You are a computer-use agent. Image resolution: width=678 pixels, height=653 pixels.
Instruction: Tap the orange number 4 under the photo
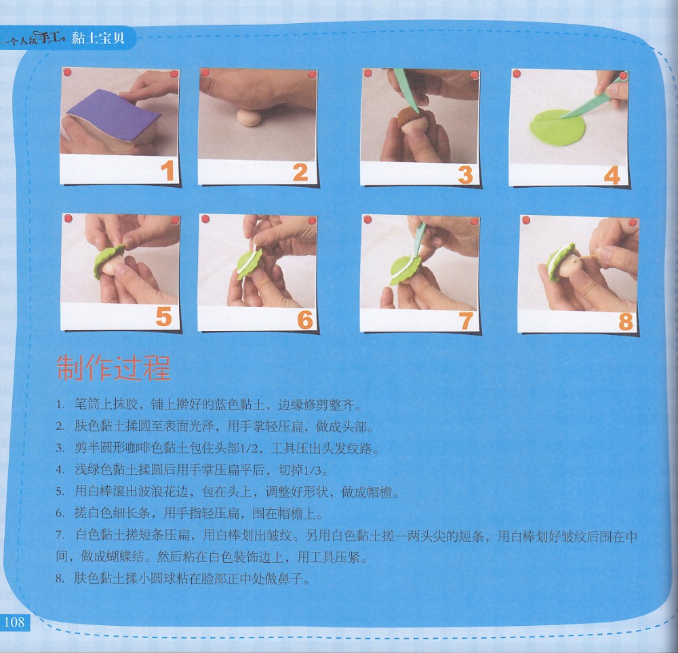612,175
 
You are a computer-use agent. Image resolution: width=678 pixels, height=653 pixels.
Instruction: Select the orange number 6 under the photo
305,319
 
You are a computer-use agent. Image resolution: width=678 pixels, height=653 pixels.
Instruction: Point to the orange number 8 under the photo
626,321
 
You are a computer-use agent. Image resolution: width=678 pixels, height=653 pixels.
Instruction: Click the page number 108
14,622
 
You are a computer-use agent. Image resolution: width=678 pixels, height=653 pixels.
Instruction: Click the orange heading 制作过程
113,368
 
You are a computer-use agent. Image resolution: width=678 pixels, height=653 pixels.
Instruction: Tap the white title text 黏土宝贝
98,38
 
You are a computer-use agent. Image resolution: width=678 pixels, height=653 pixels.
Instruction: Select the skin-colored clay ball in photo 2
249,117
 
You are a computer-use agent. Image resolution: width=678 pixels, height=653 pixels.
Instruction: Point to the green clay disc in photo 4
557,127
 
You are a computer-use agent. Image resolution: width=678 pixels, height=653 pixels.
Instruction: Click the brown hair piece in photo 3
410,117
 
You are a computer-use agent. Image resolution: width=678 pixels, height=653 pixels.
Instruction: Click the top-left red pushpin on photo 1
67,72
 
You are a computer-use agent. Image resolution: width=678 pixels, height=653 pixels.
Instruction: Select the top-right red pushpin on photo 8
633,222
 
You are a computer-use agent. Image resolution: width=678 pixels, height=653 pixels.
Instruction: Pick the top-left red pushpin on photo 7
367,219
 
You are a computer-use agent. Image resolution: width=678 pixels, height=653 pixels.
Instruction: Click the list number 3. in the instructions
60,448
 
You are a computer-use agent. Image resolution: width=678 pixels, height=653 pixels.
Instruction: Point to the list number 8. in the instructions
60,578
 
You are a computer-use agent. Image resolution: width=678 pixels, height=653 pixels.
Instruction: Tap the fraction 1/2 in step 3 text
249,448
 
